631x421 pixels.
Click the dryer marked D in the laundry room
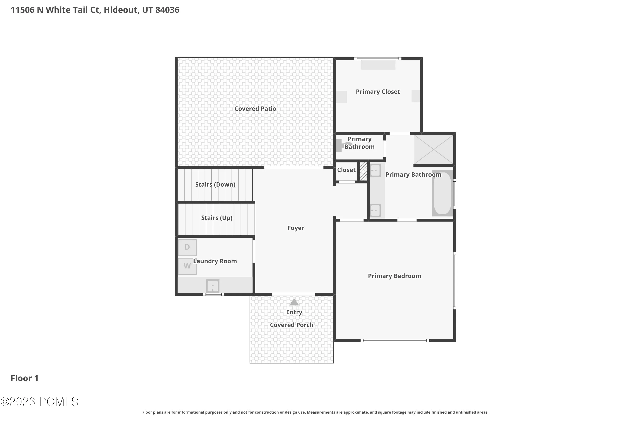(x=187, y=247)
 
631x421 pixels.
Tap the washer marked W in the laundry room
(x=187, y=266)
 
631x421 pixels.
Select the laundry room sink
(x=212, y=286)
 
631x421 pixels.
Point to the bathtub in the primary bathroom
(x=442, y=193)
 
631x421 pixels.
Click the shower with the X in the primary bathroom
(x=433, y=149)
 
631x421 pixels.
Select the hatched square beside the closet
(x=363, y=171)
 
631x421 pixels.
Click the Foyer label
(x=296, y=228)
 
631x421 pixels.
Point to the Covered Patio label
(x=255, y=109)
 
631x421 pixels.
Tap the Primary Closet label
(x=378, y=92)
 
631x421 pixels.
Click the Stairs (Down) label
(x=215, y=184)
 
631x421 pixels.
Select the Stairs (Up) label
(x=217, y=218)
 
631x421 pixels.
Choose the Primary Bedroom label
(x=394, y=276)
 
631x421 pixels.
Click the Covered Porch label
(x=292, y=325)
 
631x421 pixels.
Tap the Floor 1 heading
(x=25, y=378)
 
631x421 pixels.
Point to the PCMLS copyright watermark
(x=40, y=402)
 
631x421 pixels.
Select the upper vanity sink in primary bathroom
(x=375, y=170)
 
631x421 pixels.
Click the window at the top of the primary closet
(x=378, y=59)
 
